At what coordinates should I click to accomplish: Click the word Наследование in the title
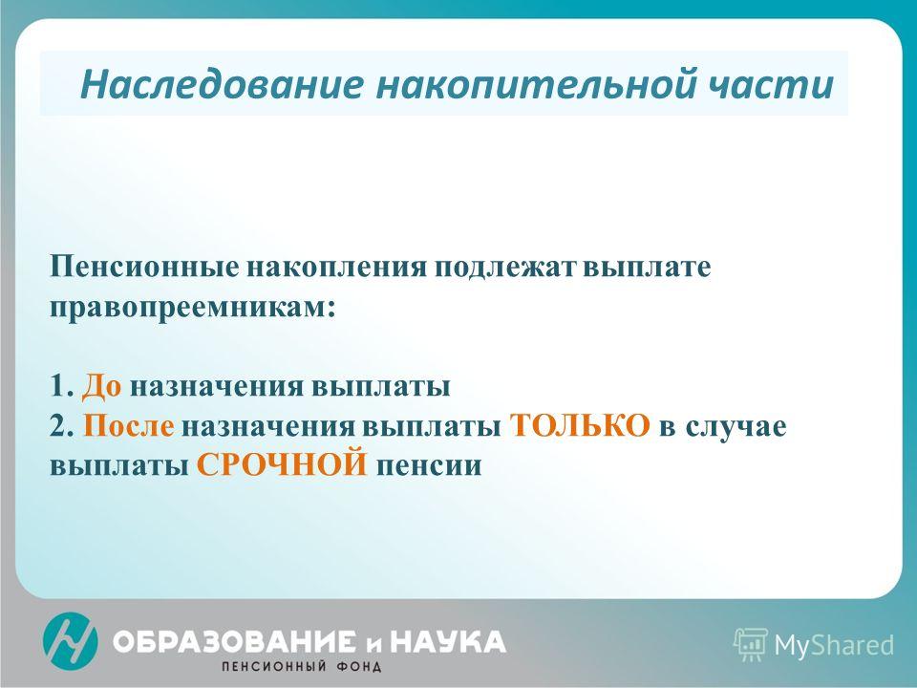[222, 83]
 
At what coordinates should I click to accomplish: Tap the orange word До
[102, 387]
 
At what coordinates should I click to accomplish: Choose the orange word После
[129, 425]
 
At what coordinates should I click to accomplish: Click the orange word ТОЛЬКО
[580, 425]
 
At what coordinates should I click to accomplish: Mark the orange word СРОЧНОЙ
[282, 464]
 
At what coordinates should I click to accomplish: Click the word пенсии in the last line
[429, 466]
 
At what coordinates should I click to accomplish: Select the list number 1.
[61, 387]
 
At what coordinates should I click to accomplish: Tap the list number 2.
[62, 425]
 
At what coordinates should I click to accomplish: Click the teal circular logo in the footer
[70, 640]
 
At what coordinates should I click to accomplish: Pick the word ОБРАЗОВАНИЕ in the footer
[233, 642]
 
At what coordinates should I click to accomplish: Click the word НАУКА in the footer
[447, 642]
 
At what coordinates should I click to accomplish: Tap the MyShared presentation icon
[751, 645]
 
